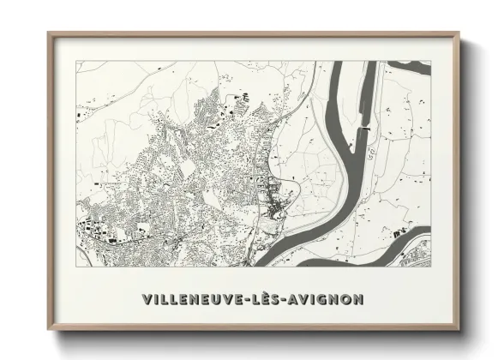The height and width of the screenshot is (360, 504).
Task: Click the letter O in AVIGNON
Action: (x=346, y=299)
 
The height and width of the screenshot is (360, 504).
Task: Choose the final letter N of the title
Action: (x=358, y=299)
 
